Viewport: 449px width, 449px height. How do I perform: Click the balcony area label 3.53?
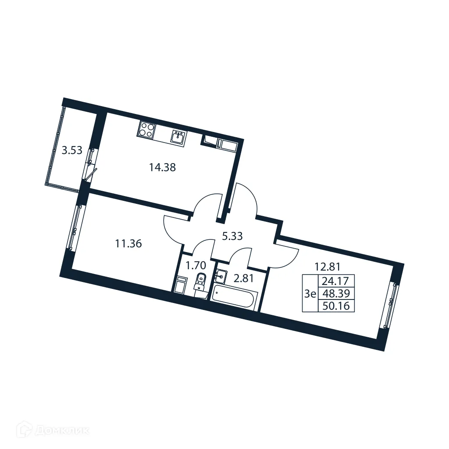click(72, 151)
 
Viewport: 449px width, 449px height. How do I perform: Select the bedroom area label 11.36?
click(128, 244)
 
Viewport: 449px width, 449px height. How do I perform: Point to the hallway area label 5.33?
click(232, 236)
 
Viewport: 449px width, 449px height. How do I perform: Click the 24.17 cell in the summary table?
click(336, 281)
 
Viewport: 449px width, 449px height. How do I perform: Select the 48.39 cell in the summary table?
click(336, 293)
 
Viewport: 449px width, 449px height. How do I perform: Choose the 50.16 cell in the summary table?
click(336, 306)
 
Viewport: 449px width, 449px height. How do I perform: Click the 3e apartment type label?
click(310, 294)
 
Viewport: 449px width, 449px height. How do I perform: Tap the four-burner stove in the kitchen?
click(146, 130)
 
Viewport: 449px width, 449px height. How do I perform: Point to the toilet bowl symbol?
click(200, 281)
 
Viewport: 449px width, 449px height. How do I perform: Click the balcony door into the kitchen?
click(91, 164)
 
